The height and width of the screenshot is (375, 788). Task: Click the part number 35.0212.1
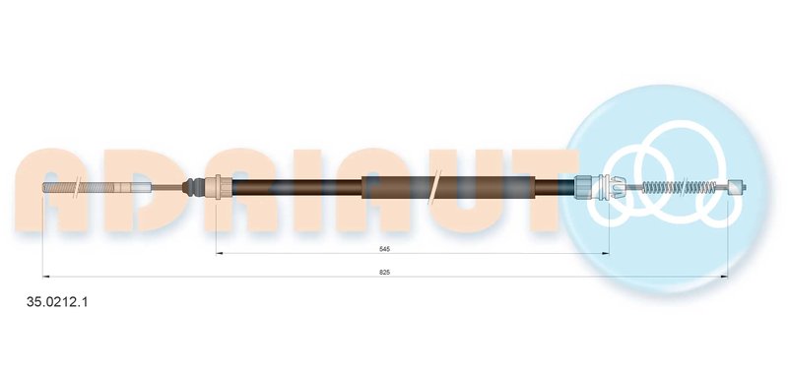click(x=57, y=302)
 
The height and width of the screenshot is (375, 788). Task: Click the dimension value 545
click(x=385, y=248)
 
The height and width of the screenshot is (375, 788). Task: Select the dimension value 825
click(x=385, y=272)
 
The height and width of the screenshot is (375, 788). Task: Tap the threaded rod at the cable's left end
click(x=82, y=188)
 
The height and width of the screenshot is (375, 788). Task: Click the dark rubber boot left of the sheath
click(x=193, y=188)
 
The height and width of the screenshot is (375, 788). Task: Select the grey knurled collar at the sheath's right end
click(x=584, y=188)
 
